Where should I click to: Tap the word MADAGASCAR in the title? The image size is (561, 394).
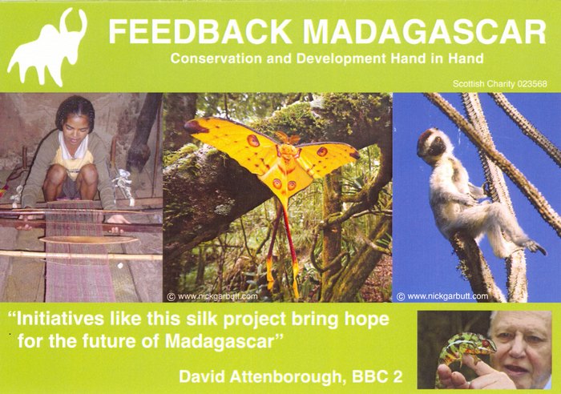[425, 32]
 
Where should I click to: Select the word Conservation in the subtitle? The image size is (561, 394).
[216, 58]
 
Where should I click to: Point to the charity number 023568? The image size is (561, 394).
[531, 84]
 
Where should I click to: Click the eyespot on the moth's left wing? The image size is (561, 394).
[253, 140]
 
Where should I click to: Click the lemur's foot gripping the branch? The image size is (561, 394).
[535, 247]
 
